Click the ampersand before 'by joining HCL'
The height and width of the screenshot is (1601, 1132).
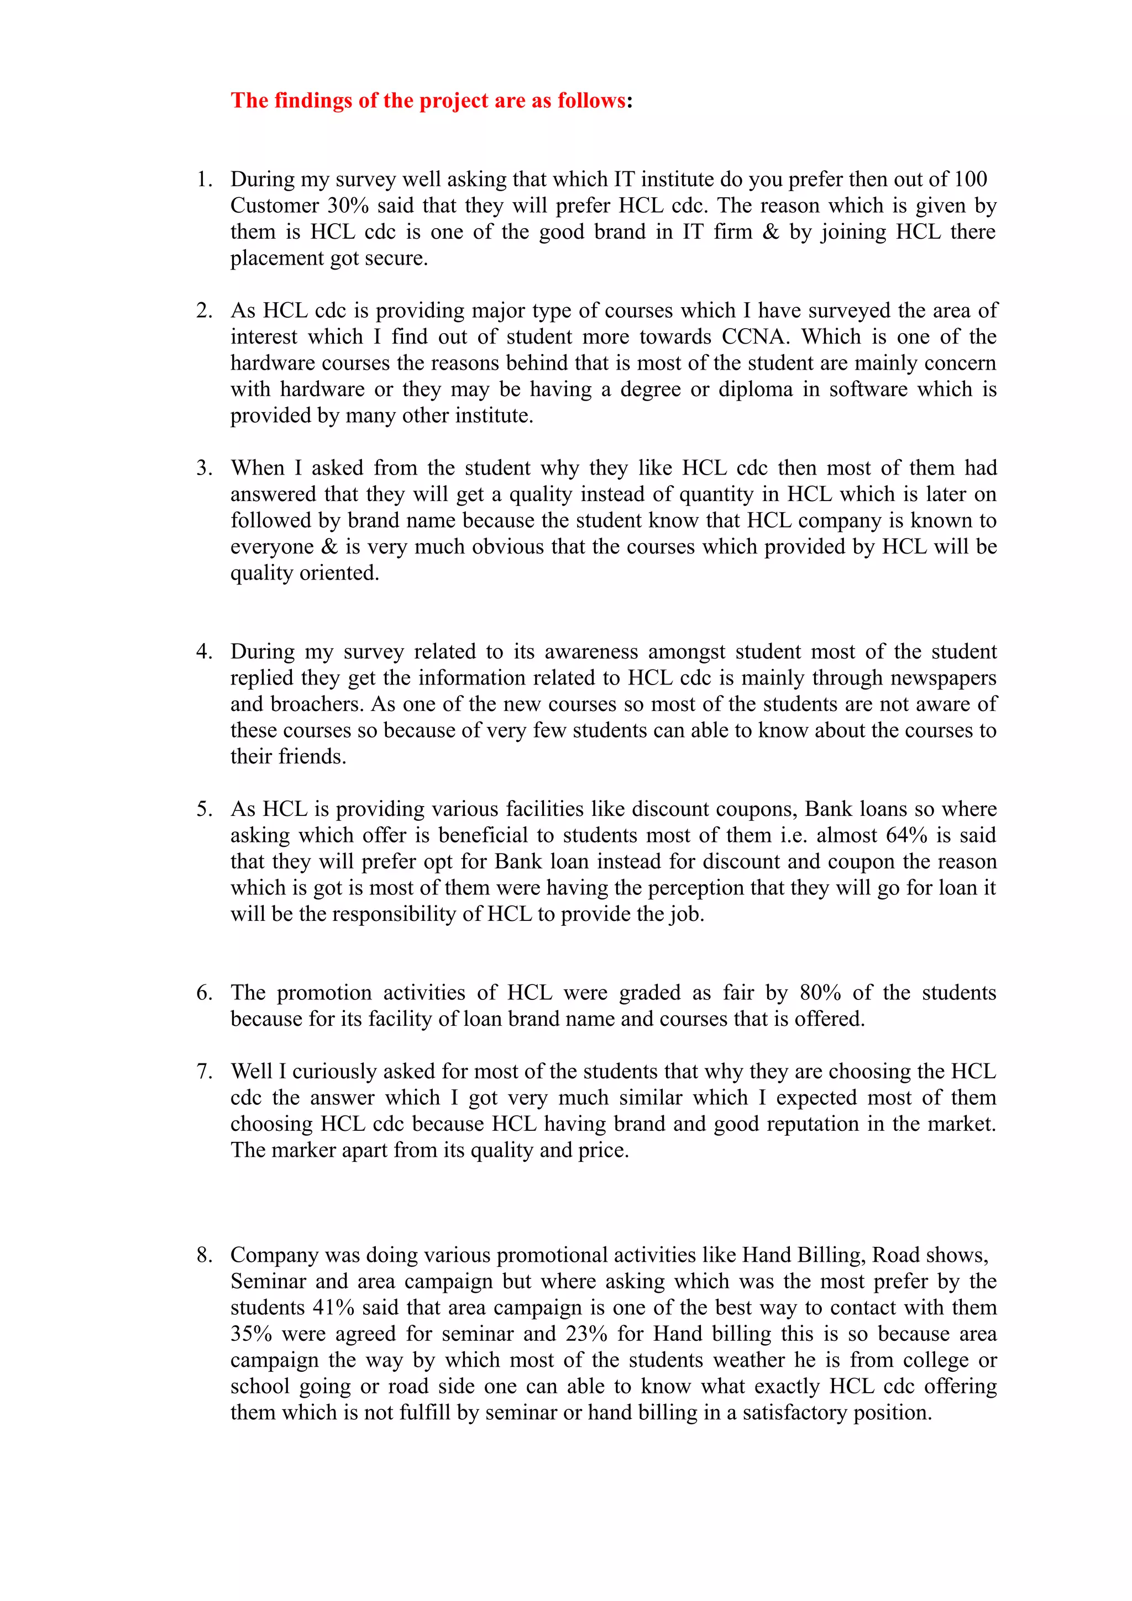point(771,232)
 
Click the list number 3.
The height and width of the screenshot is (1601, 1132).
point(203,468)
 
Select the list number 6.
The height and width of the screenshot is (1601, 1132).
point(203,993)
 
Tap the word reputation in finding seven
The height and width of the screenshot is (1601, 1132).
point(813,1124)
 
